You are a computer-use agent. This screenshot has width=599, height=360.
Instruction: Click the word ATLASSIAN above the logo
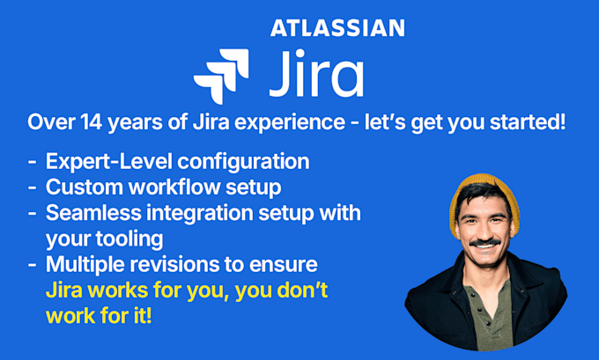(337, 28)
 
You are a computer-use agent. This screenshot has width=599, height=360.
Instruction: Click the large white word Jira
(314, 76)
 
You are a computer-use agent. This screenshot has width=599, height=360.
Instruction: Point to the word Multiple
(85, 263)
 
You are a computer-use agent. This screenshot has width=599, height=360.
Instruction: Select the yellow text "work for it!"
(99, 314)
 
